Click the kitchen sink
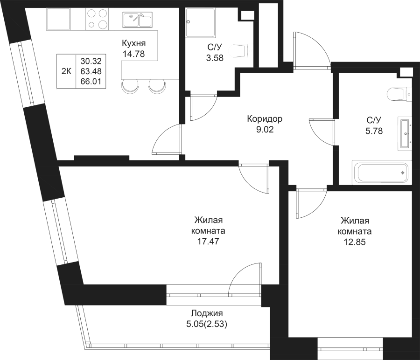pos(137,21)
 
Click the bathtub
pos(382,173)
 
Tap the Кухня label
pos(134,44)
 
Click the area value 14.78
pos(134,53)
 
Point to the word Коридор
pos(265,119)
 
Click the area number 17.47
pos(208,242)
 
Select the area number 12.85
pos(356,242)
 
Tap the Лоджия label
pos(207,314)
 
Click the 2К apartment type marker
pos(66,71)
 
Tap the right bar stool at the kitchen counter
pos(157,86)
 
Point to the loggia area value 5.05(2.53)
pos(207,324)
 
